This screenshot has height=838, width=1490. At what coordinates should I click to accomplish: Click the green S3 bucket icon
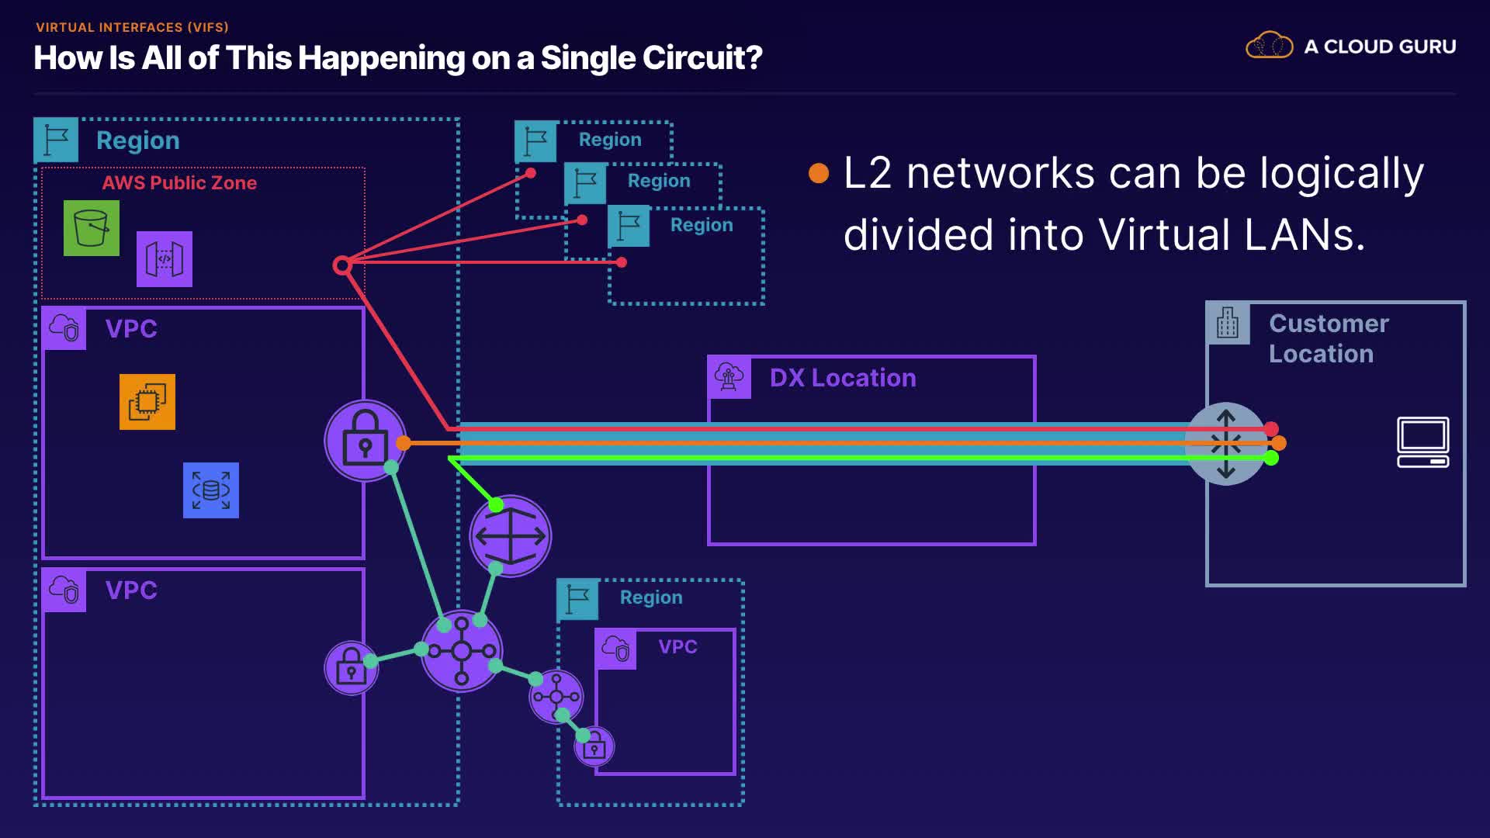pyautogui.click(x=92, y=228)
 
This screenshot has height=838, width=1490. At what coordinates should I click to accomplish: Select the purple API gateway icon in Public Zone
pyautogui.click(x=165, y=259)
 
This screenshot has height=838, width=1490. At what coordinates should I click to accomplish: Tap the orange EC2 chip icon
pyautogui.click(x=147, y=402)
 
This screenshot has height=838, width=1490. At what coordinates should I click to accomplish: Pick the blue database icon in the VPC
pyautogui.click(x=211, y=490)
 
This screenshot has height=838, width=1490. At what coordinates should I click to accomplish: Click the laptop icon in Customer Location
pyautogui.click(x=1422, y=442)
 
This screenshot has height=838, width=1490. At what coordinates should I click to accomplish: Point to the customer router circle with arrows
pyautogui.click(x=1226, y=444)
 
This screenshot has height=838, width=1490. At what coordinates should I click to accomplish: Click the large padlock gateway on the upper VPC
pyautogui.click(x=365, y=441)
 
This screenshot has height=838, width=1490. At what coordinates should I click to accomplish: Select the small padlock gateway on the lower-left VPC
pyautogui.click(x=351, y=667)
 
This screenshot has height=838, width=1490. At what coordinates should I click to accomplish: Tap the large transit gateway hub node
pyautogui.click(x=462, y=651)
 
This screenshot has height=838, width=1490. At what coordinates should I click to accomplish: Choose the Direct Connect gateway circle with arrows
pyautogui.click(x=511, y=536)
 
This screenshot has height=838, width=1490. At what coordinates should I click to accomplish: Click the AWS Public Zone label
pyautogui.click(x=179, y=183)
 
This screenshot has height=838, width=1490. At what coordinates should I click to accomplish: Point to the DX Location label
pyautogui.click(x=843, y=378)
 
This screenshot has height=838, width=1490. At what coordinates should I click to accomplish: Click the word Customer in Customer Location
pyautogui.click(x=1329, y=324)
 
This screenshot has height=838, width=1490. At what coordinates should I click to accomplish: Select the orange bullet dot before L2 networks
pyautogui.click(x=819, y=173)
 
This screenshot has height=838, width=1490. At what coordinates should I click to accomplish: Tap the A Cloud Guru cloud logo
pyautogui.click(x=1269, y=46)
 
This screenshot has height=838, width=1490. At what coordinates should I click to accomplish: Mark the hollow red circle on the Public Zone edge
pyautogui.click(x=341, y=265)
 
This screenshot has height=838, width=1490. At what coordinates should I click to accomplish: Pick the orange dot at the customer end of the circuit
pyautogui.click(x=1279, y=443)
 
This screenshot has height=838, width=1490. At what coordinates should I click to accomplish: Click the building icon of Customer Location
pyautogui.click(x=1228, y=324)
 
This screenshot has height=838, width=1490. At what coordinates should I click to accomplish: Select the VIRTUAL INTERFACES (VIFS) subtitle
pyautogui.click(x=132, y=27)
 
